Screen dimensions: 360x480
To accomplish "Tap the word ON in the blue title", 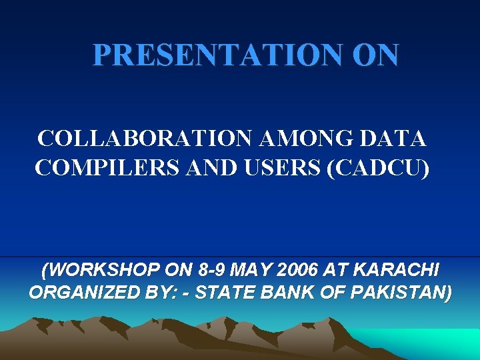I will pos(376,55).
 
